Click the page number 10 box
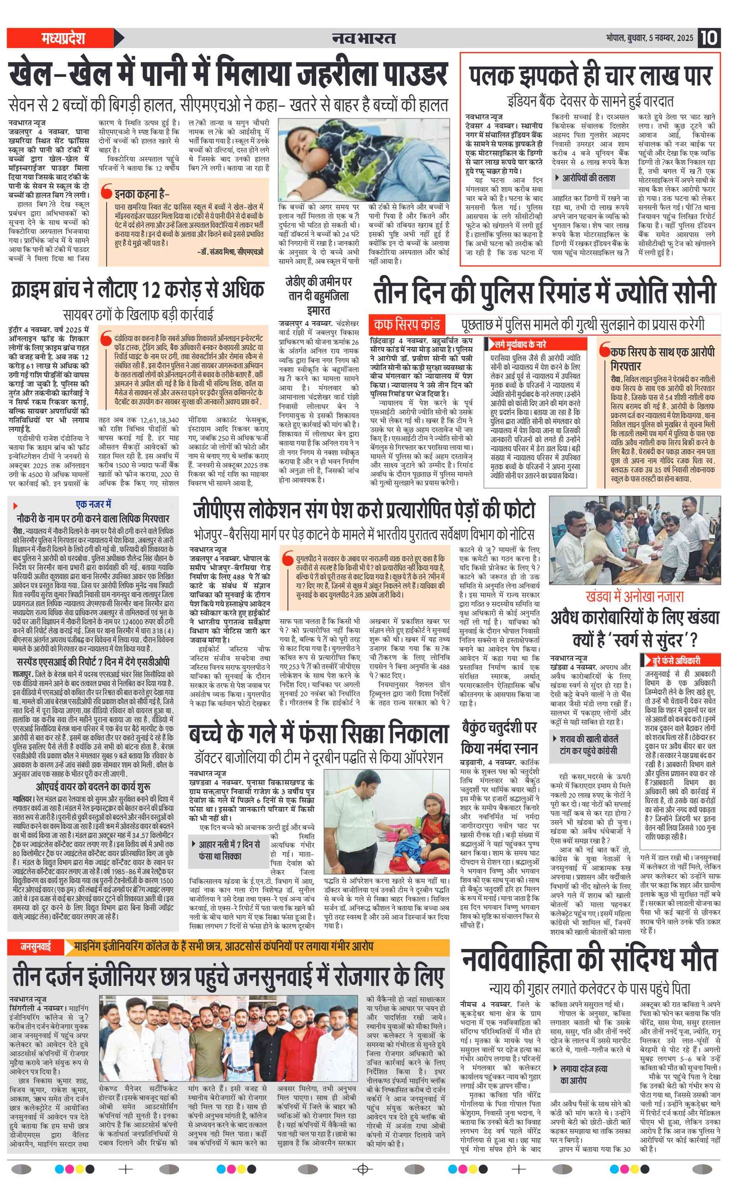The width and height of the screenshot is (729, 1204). pos(708,38)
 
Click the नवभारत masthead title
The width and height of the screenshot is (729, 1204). pos(364,38)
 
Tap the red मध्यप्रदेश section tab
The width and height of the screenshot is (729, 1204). pos(63,38)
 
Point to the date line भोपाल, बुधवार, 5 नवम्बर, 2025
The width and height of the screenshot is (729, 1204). pos(649,38)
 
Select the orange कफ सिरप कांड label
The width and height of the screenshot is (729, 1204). pos(406,324)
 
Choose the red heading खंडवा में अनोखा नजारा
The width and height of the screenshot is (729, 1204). pos(634,597)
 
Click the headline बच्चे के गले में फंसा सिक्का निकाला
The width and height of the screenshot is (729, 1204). pos(318,734)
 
